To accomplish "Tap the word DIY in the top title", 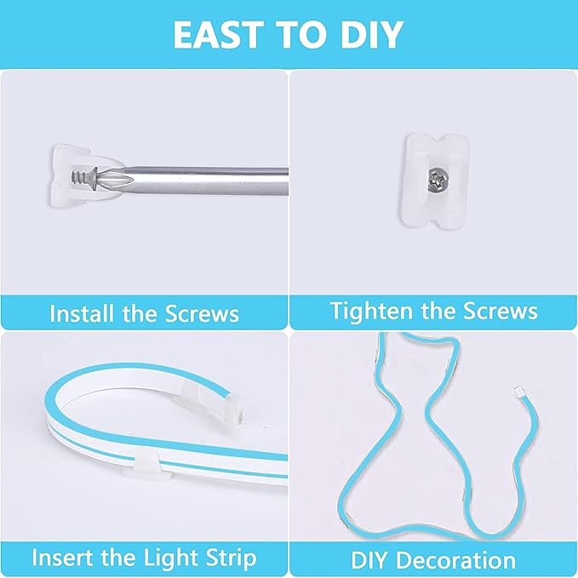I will pos(368,35).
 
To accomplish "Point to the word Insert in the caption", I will pos(62,558).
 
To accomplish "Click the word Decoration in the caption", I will pos(457,560).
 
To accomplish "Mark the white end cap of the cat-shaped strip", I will pos(518,393).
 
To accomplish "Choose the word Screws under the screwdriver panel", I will pos(201,313).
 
